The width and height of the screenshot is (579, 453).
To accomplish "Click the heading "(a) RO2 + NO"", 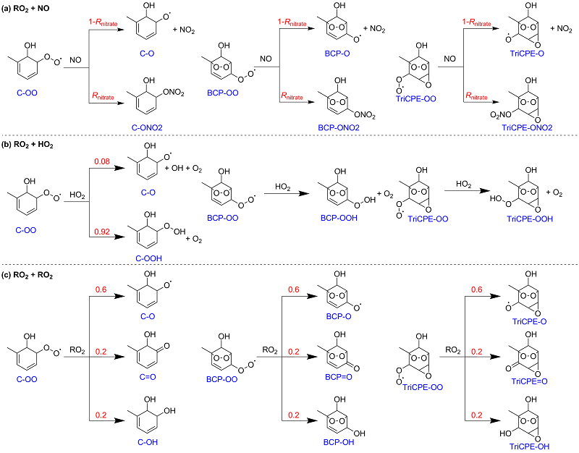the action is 25,8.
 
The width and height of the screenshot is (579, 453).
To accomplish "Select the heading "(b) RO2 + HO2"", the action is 28,145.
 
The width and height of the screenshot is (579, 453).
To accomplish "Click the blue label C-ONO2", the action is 147,128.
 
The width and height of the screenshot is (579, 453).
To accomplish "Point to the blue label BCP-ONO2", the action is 339,128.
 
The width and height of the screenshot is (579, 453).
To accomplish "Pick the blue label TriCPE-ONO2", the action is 527,128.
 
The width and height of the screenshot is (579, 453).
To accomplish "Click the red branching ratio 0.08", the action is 102,161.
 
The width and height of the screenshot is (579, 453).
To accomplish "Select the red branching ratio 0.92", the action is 102,232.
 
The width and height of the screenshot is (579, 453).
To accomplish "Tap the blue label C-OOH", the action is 149,258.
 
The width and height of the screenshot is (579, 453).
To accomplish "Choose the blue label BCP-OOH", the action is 339,218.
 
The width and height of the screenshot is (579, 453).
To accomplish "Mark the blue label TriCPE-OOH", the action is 530,219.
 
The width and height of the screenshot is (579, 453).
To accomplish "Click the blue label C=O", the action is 148,377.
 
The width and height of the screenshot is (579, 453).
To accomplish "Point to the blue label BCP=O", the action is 339,377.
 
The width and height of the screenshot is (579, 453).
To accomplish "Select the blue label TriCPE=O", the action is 530,381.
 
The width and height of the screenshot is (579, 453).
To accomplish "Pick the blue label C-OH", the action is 148,442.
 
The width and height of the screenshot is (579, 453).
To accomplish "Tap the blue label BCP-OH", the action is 339,442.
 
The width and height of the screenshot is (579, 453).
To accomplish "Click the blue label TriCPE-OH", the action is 530,446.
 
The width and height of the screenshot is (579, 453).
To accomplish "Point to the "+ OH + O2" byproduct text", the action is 183,169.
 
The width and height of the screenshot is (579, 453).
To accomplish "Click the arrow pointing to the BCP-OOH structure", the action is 287,193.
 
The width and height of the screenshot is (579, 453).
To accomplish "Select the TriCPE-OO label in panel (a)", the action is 415,99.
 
